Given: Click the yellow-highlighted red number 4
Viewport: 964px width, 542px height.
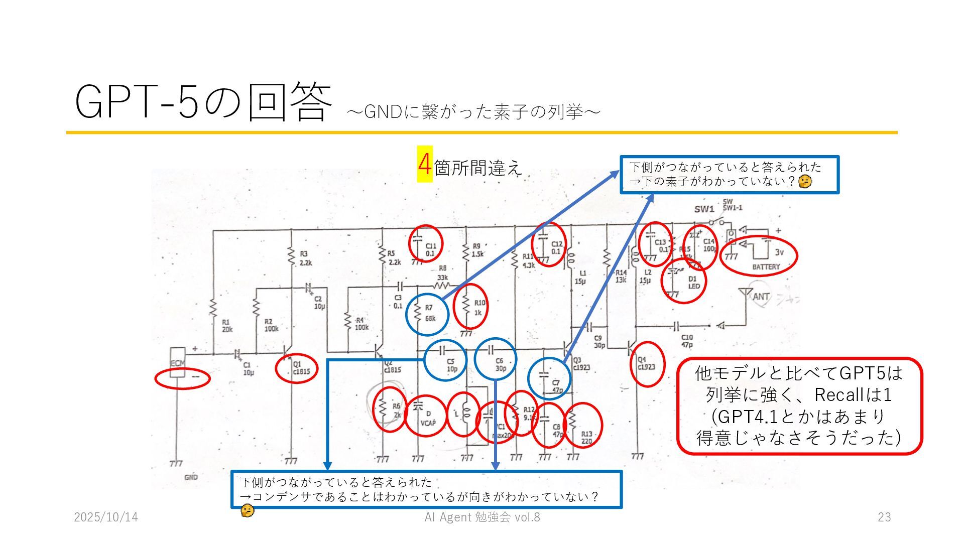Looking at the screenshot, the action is pos(425,164).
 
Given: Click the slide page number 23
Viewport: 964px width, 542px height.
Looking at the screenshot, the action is pos(884,517).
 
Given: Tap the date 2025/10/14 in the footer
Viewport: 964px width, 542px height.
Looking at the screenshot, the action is pos(106,517).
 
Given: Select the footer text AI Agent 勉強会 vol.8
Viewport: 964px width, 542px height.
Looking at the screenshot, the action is pos(482,517).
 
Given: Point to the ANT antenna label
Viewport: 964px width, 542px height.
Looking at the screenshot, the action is pos(761,297).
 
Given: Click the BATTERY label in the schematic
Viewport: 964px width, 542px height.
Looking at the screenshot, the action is pos(766,266).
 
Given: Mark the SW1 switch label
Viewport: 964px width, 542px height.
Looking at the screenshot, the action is pos(704,209).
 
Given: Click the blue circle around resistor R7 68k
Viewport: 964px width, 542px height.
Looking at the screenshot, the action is pos(427,314).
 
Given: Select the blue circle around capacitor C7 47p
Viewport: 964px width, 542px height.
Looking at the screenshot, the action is pos(549,378).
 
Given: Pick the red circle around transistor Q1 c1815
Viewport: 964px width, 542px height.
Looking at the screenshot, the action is pos(297,368).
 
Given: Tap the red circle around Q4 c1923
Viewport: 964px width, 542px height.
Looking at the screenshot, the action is pos(647,364).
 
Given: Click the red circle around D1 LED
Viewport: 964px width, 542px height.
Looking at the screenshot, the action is pos(684,281).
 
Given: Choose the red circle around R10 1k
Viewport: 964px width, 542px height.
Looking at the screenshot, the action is pos(470,306).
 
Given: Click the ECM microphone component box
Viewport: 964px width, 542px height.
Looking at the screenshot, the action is pos(177,362).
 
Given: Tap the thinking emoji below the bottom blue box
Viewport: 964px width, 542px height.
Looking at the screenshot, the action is pos(247,511).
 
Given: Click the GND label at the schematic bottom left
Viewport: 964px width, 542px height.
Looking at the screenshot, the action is pos(191,477).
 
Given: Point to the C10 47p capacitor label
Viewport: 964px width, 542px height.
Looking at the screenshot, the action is pos(687,341).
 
